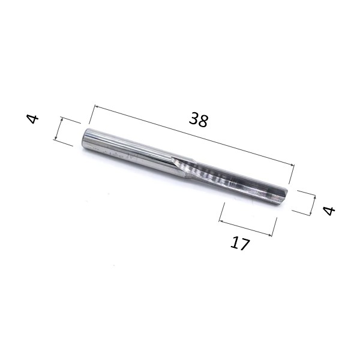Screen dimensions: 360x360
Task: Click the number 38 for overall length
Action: [199, 119]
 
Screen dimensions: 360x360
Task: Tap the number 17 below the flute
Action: [239, 244]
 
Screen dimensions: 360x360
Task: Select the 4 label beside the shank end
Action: [33, 119]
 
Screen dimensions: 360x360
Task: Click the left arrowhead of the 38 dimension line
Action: [97, 107]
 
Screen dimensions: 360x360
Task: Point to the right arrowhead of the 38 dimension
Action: [292, 164]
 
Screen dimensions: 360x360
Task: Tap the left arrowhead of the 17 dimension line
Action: [221, 221]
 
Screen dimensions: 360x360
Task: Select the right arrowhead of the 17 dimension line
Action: [270, 235]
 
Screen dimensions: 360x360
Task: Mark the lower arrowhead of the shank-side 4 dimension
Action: [55, 138]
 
